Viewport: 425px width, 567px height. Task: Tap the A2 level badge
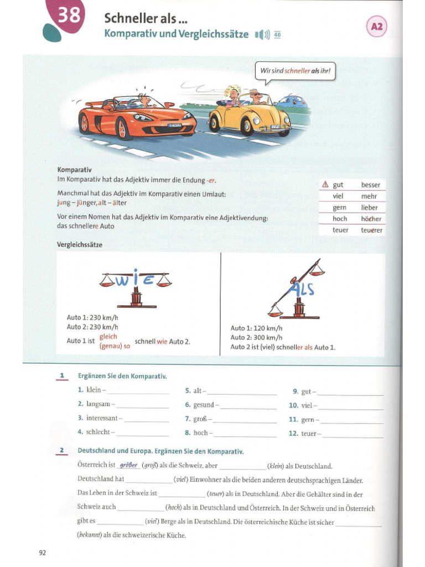pos(377,26)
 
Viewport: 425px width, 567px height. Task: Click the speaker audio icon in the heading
pos(262,35)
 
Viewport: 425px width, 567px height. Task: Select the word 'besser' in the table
pos(370,185)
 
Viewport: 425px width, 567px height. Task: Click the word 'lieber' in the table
pos(369,208)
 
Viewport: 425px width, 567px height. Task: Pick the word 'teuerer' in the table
pos(371,230)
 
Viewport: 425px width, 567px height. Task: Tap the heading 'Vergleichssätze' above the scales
pos(80,244)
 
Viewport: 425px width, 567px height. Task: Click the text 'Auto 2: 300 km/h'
pos(256,337)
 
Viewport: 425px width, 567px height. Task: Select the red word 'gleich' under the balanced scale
pos(108,336)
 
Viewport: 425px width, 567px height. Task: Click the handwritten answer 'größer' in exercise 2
pos(128,466)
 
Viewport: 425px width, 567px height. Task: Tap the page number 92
pos(43,552)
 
